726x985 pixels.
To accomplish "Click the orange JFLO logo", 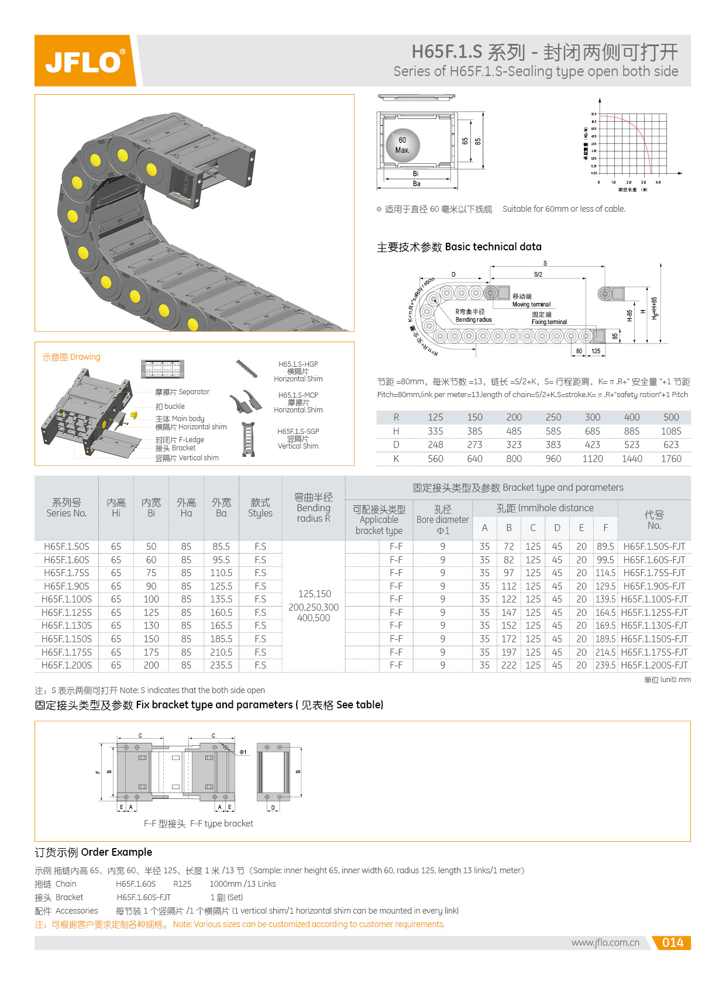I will tap(85, 61).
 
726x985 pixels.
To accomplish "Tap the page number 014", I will tap(672, 942).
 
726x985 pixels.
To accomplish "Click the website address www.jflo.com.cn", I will tap(605, 942).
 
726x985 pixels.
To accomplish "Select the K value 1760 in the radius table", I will tap(671, 459).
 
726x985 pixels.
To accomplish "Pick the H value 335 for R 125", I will tap(435, 431).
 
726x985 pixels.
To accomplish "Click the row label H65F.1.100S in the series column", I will tap(67, 599).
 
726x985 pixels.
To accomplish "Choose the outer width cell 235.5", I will tap(221, 665).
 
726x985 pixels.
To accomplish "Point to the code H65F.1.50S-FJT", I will tap(654, 546).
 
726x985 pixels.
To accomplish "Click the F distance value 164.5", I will tap(605, 612).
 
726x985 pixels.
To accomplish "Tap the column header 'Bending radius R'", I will tap(314, 508).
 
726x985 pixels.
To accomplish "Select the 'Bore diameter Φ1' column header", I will tap(443, 519).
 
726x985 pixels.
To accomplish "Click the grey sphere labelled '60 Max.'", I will tap(402, 145).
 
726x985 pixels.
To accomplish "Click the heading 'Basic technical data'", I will tap(493, 247).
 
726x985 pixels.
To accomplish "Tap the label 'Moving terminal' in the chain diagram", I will tap(531, 304).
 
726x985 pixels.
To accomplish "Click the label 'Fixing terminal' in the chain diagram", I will tap(549, 322).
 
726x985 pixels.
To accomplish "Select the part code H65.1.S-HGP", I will tap(298, 364).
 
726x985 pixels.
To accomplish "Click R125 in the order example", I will tap(183, 884).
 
